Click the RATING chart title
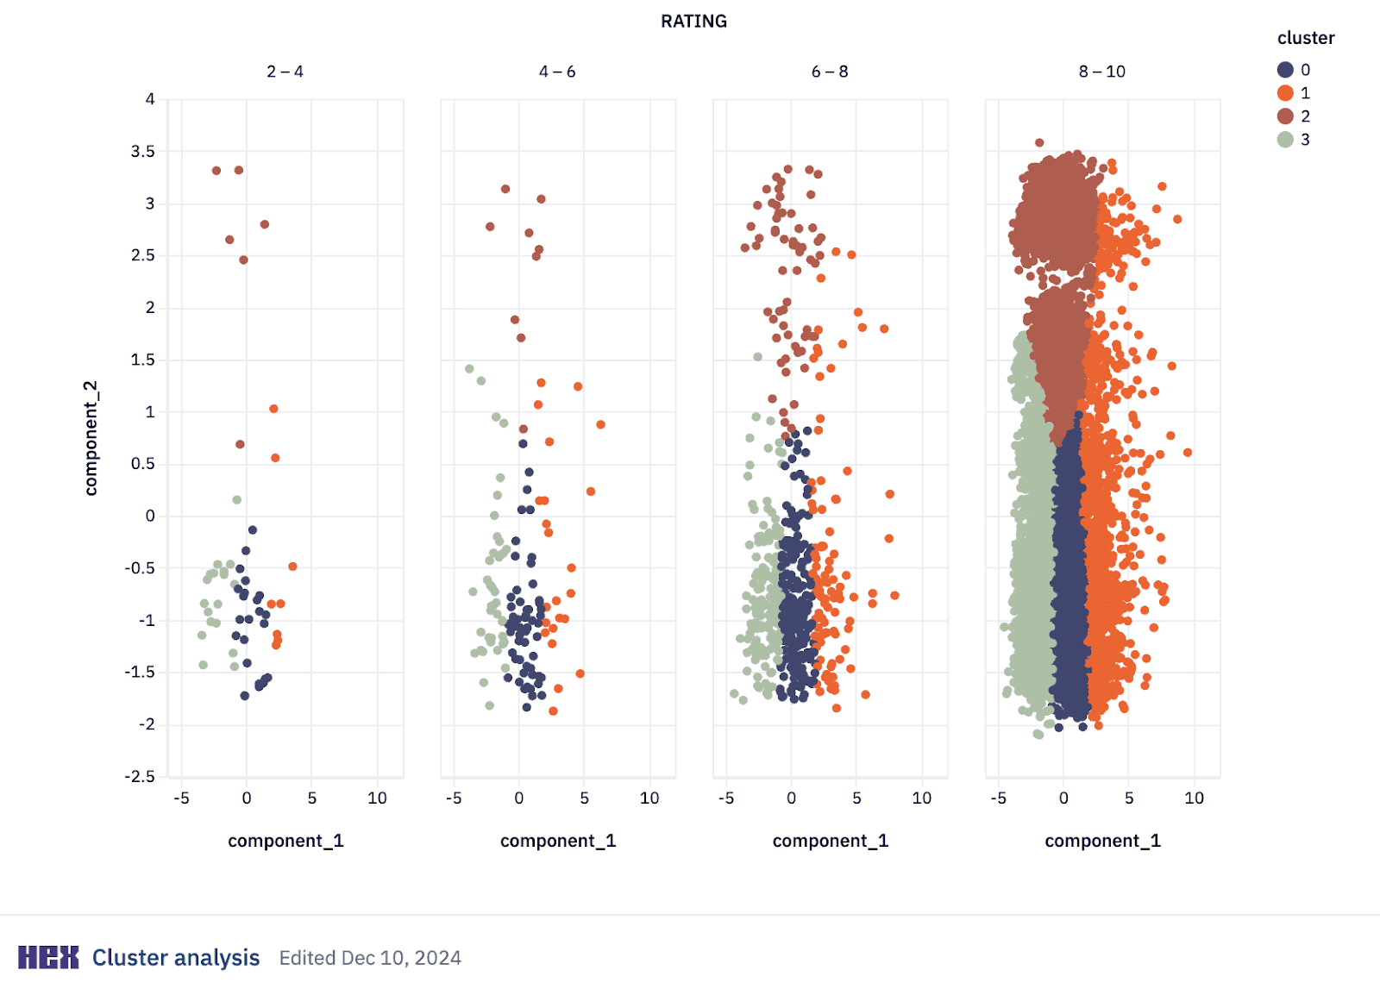[x=693, y=22]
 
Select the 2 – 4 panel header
[x=285, y=72]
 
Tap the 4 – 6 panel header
[x=557, y=72]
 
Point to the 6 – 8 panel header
[x=830, y=72]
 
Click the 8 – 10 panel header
[x=1101, y=72]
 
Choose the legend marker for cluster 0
[x=1285, y=70]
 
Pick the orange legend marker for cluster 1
[x=1285, y=93]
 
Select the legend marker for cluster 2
[x=1285, y=116]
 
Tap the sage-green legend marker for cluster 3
[x=1285, y=140]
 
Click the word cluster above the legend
[x=1305, y=38]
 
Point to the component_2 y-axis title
[x=91, y=438]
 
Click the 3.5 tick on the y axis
[x=143, y=152]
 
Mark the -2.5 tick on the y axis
[x=140, y=777]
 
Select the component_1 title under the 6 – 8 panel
[x=830, y=841]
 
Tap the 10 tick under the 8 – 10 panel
[x=1194, y=798]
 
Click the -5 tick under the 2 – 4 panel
[x=181, y=798]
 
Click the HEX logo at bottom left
[x=48, y=957]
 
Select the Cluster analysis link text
[x=176, y=958]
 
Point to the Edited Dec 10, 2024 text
[x=370, y=958]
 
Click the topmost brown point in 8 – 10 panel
[x=1039, y=143]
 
